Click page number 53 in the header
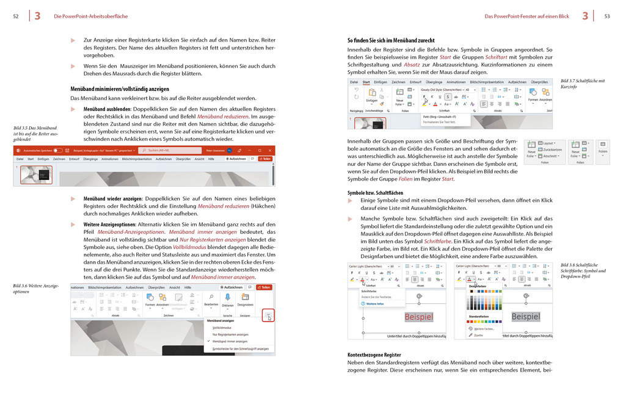(x=607, y=16)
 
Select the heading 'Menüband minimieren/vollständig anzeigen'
(x=120, y=88)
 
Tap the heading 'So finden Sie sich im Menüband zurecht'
(x=391, y=40)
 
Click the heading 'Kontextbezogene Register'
(x=374, y=355)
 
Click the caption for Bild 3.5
(x=35, y=133)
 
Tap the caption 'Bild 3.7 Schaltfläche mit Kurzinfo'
(x=582, y=84)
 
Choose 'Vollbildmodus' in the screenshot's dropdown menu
(x=221, y=328)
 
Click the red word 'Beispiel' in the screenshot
(x=418, y=317)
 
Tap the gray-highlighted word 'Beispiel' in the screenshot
(x=525, y=316)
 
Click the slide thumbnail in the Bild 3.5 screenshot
(x=36, y=175)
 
